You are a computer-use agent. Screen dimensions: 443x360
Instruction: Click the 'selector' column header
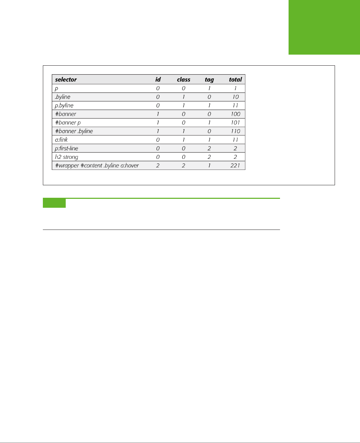tap(66, 80)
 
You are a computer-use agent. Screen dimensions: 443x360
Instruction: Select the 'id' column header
tap(158, 80)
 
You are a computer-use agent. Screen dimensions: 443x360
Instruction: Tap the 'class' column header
tap(184, 80)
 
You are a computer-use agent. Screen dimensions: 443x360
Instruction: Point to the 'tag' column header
tap(209, 80)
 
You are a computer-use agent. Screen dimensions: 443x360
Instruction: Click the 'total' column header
tap(235, 80)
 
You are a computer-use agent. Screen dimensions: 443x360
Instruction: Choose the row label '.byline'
tap(62, 97)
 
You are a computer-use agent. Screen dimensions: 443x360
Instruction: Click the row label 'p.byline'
tap(64, 105)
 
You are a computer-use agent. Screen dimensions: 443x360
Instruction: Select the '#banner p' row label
tap(68, 122)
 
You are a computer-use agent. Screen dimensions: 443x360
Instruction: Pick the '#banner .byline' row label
tap(74, 131)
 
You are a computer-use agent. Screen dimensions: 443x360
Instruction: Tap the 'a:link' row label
tap(61, 140)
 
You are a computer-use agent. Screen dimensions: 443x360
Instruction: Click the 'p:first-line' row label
tap(66, 148)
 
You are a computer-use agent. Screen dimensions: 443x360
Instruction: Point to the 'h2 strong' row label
tap(66, 157)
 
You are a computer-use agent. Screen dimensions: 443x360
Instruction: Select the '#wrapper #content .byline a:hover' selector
tap(97, 165)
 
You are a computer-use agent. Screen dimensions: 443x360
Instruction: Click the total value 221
tap(235, 165)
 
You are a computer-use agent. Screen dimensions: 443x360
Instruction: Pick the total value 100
tap(235, 114)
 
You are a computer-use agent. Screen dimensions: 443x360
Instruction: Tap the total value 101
tap(235, 122)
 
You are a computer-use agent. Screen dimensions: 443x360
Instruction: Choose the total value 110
tap(235, 131)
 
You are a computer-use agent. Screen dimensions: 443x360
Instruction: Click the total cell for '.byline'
tap(235, 97)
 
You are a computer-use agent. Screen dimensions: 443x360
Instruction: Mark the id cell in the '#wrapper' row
tap(158, 165)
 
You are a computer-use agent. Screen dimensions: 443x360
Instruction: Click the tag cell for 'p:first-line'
tap(209, 148)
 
